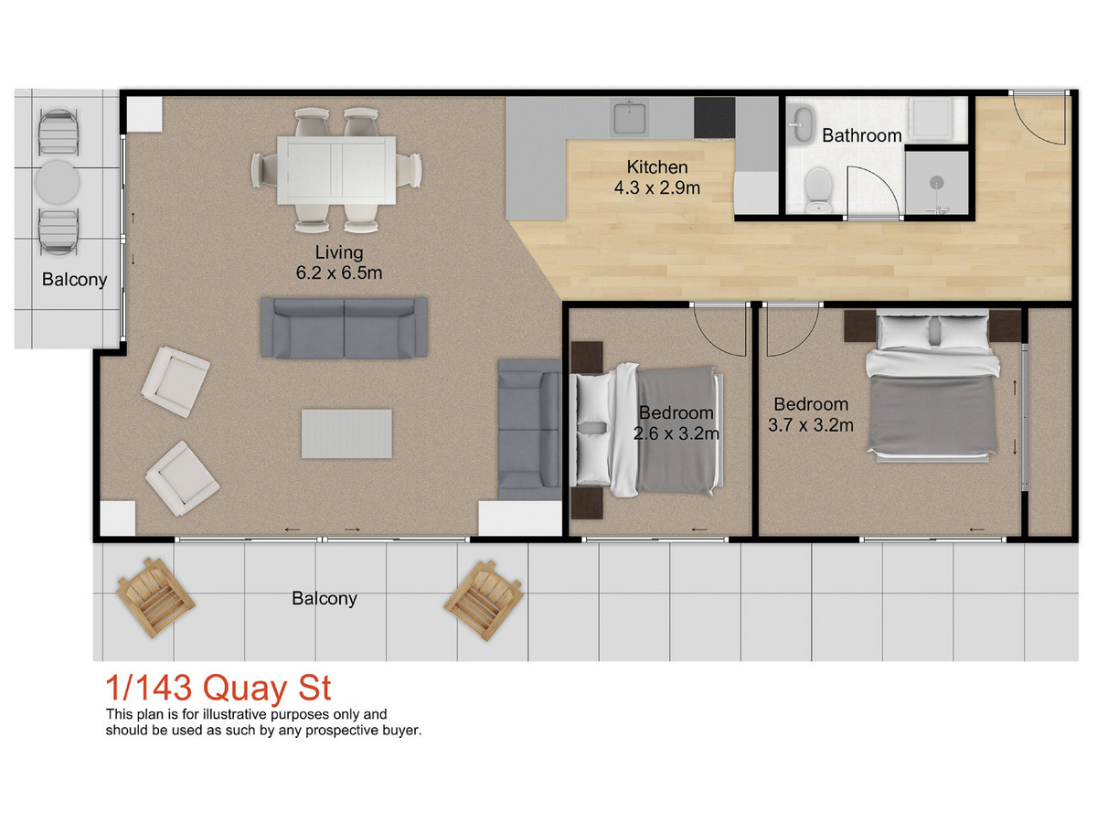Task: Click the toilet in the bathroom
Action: coord(818,190)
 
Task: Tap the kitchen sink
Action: coord(629,118)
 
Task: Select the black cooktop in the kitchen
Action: coord(714,117)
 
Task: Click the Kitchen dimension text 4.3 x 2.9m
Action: coord(656,187)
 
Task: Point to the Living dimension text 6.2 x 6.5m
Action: coord(339,273)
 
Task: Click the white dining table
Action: coord(336,170)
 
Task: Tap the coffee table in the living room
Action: coord(346,433)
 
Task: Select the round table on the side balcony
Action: coord(58,182)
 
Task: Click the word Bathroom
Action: coord(862,135)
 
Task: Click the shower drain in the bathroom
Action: coord(938,182)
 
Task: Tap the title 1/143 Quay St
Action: coord(218,689)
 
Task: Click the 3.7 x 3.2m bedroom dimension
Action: coord(811,425)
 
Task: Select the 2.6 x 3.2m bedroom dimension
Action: coord(676,433)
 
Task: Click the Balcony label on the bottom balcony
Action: coord(325,599)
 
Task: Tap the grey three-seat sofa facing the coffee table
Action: coord(344,327)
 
